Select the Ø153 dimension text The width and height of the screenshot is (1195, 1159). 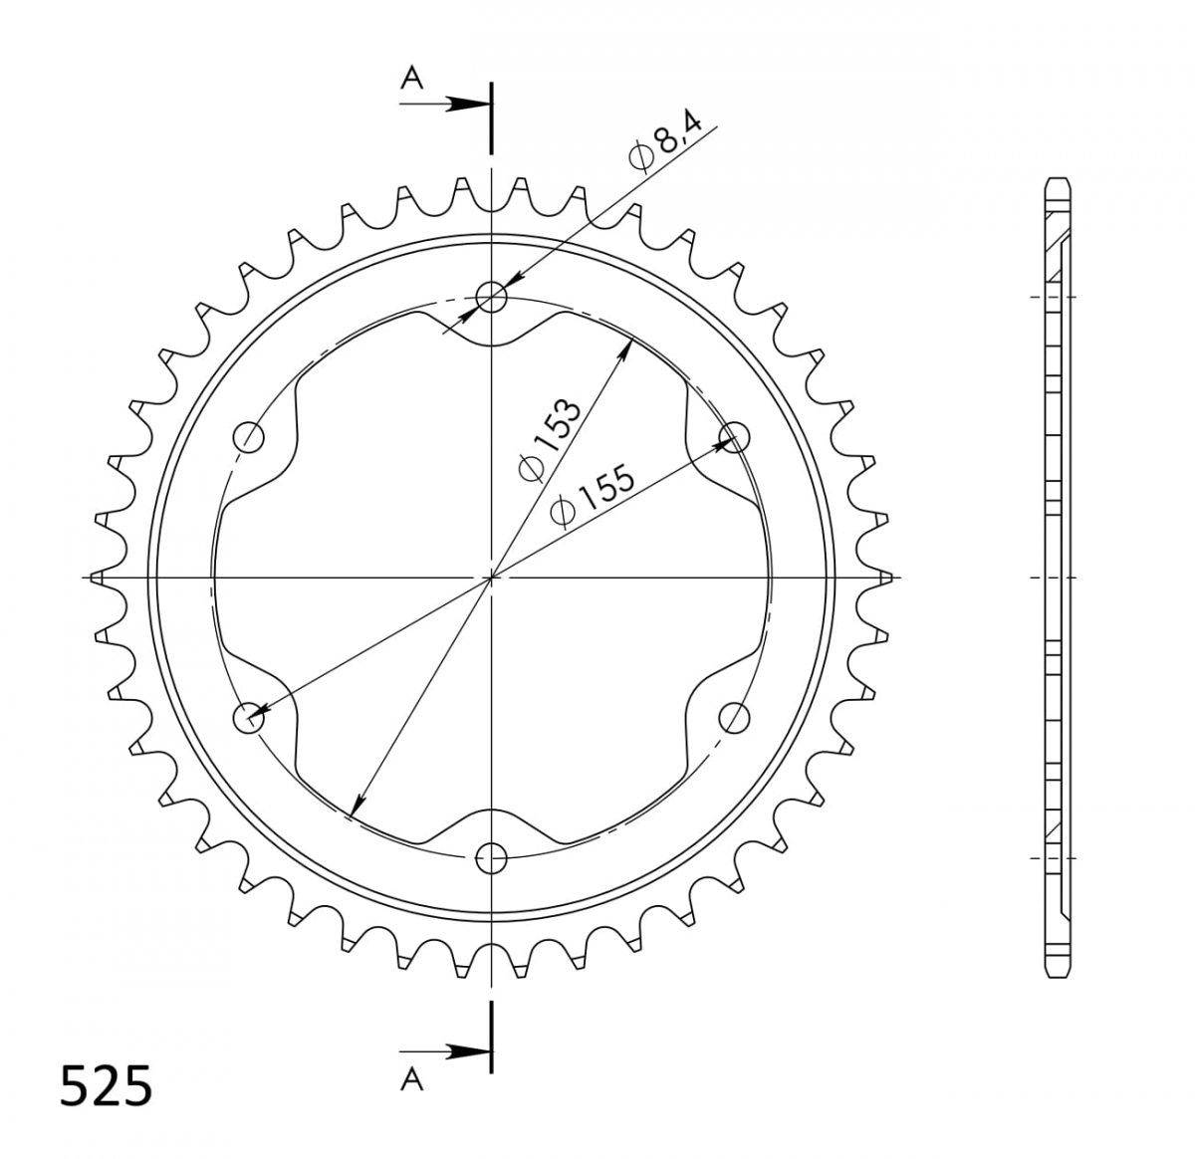coord(549,440)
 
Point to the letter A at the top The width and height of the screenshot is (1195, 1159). coord(412,78)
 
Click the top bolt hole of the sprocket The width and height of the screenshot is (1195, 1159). coord(491,297)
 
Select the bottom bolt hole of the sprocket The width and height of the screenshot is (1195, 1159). coord(491,857)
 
